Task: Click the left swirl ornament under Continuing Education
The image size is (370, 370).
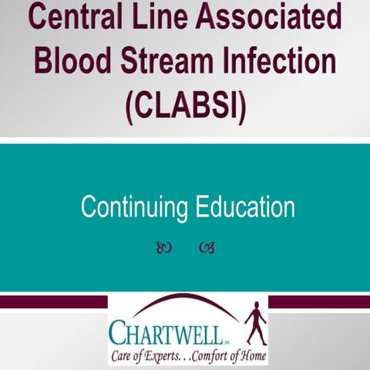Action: point(163,247)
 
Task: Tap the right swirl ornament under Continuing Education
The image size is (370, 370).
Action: point(206,247)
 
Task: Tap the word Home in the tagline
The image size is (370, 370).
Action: point(251,356)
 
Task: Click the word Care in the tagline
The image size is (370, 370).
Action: point(123,356)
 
